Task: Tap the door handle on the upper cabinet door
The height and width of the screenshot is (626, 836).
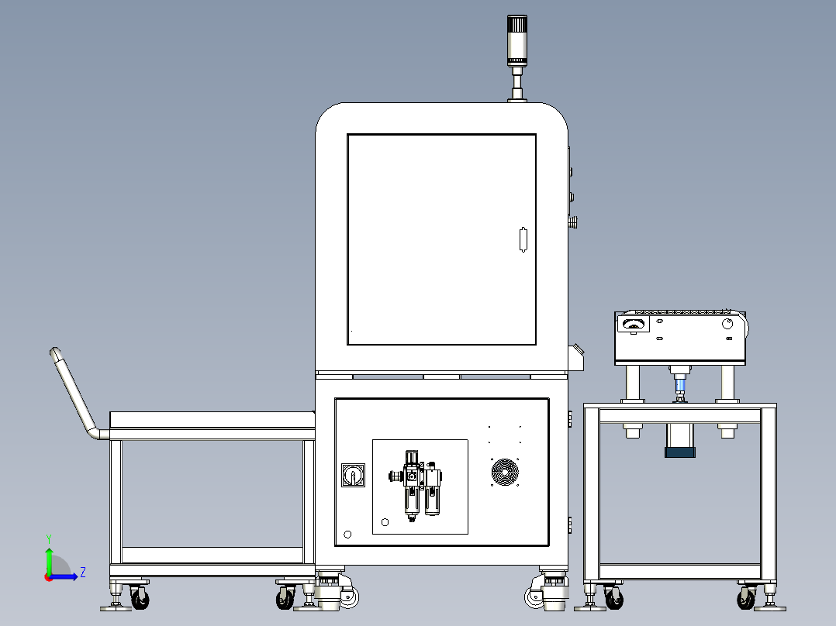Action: coord(523,239)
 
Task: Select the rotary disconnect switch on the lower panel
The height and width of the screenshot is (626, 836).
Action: coord(353,475)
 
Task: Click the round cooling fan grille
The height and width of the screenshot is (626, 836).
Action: coord(504,472)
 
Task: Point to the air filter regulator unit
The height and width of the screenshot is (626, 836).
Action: coord(417,485)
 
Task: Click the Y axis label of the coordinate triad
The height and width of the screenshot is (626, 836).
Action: coord(49,538)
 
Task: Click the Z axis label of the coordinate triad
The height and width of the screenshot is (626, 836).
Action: coord(83,573)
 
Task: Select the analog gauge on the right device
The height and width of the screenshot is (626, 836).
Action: coord(633,323)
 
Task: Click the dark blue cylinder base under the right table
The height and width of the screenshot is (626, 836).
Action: coord(680,452)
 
